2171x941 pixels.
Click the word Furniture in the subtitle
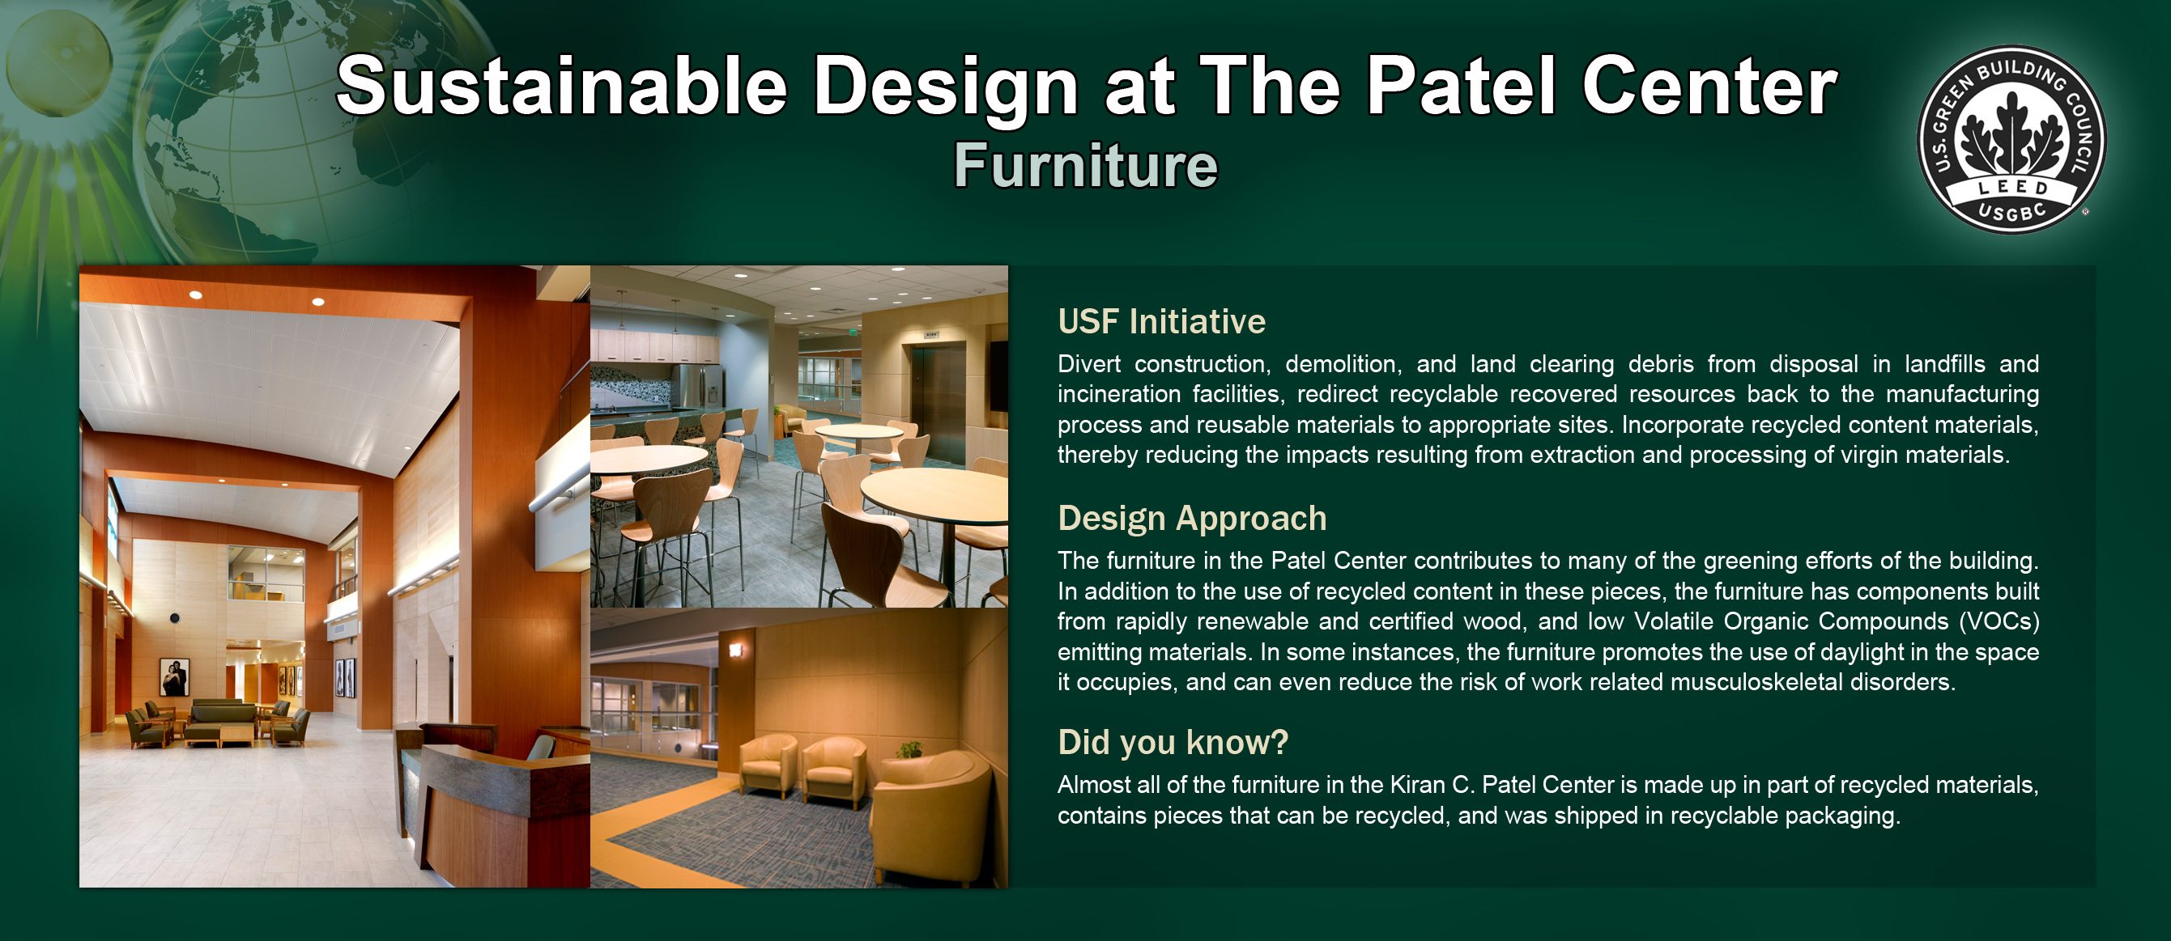(1085, 165)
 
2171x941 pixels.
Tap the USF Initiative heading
(1161, 322)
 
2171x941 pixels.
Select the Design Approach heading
(1192, 519)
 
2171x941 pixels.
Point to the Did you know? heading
(1173, 742)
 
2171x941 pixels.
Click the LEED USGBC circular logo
(2011, 140)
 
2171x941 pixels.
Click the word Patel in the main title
(1460, 86)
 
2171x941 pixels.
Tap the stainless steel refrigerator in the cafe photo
(697, 387)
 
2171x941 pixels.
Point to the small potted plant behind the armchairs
(909, 749)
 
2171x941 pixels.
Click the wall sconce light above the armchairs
(736, 650)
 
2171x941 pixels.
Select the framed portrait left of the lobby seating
(174, 677)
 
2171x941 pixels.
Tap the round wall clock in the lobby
(174, 618)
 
